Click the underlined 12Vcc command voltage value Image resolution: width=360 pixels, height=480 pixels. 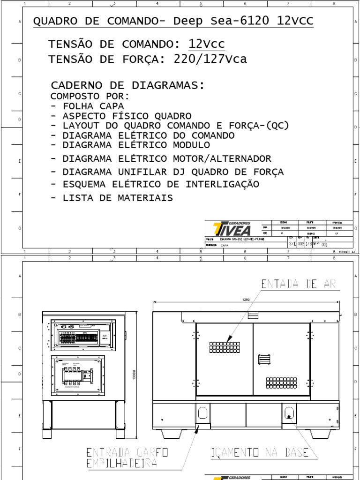pyautogui.click(x=206, y=44)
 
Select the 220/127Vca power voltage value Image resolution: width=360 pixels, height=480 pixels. pyautogui.click(x=210, y=59)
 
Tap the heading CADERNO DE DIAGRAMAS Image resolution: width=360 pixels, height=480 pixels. pyautogui.click(x=127, y=85)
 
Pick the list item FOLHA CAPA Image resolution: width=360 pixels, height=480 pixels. pyautogui.click(x=87, y=106)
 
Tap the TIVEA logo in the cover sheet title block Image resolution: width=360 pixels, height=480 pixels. pyautogui.click(x=232, y=229)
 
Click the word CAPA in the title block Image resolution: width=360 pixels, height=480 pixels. pyautogui.click(x=225, y=245)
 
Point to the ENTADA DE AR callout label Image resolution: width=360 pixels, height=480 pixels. pyautogui.click(x=299, y=284)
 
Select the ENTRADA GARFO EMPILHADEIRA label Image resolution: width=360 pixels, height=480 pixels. pyautogui.click(x=127, y=458)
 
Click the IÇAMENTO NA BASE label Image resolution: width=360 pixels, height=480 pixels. pyautogui.click(x=260, y=452)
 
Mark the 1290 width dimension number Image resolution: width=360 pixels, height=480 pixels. pyautogui.click(x=247, y=299)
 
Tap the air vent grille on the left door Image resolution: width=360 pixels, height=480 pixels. pyautogui.click(x=225, y=347)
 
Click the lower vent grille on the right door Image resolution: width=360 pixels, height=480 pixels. pyautogui.click(x=281, y=383)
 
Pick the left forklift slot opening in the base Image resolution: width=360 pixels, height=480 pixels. pyautogui.click(x=202, y=412)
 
